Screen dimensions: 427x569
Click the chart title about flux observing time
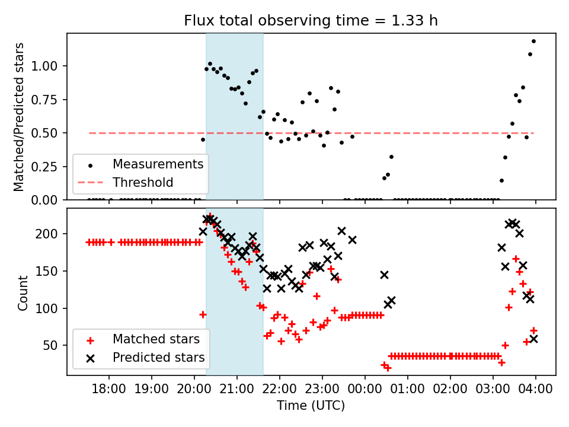tap(311, 21)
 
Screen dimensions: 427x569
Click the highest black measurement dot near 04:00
tap(533, 41)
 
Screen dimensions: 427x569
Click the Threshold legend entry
tap(143, 182)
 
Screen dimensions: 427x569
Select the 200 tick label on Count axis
tap(53, 234)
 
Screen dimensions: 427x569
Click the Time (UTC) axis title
tap(311, 406)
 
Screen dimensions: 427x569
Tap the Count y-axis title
tap(23, 292)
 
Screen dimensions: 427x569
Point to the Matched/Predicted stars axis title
tap(20, 117)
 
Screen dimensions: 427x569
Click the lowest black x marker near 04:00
tap(533, 339)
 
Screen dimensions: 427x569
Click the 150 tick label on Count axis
tap(53, 271)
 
